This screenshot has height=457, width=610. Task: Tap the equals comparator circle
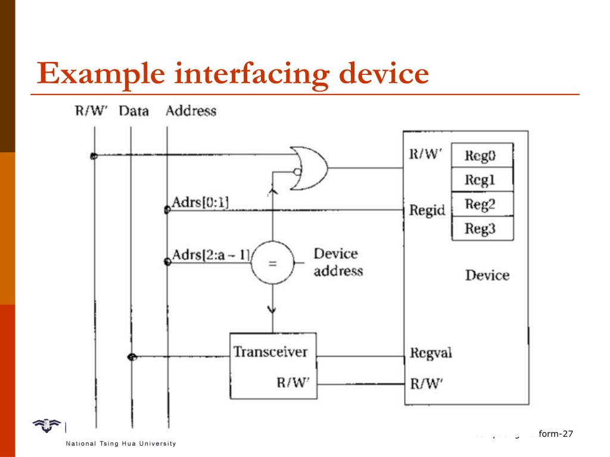(x=272, y=263)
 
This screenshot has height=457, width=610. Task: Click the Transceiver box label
(x=270, y=352)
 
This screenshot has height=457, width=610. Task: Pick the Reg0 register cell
(x=481, y=157)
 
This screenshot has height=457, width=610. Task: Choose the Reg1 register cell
(x=481, y=180)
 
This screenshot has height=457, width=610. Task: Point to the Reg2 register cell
(x=481, y=205)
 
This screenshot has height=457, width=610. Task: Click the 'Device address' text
(x=338, y=262)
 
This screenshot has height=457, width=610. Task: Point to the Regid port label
(x=428, y=210)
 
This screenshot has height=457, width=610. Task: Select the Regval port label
(x=431, y=353)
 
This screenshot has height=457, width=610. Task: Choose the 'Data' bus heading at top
(x=133, y=111)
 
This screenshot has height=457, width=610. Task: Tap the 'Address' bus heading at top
(x=191, y=111)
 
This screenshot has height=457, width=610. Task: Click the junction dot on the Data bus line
(x=132, y=357)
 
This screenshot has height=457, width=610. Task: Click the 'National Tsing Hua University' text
(x=117, y=444)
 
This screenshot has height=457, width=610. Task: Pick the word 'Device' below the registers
(x=487, y=276)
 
